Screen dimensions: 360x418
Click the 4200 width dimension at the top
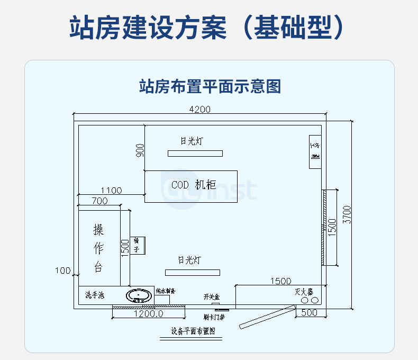point(199,110)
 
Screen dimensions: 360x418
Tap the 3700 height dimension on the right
point(347,214)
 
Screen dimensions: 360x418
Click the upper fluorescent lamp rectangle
point(195,154)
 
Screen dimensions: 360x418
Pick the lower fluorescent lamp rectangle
point(192,272)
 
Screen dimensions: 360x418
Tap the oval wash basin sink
point(140,295)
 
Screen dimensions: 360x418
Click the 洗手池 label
point(95,295)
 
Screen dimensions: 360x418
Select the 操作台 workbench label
point(98,248)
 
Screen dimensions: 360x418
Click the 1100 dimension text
point(111,191)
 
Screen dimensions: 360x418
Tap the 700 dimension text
point(99,201)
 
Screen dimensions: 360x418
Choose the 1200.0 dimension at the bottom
point(148,313)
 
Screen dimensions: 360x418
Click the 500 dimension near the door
point(310,313)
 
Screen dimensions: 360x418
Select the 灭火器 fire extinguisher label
point(304,292)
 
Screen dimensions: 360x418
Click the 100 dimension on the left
point(63,271)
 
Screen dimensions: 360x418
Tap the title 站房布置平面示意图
point(209,86)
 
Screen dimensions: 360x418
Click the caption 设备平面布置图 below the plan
point(193,331)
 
